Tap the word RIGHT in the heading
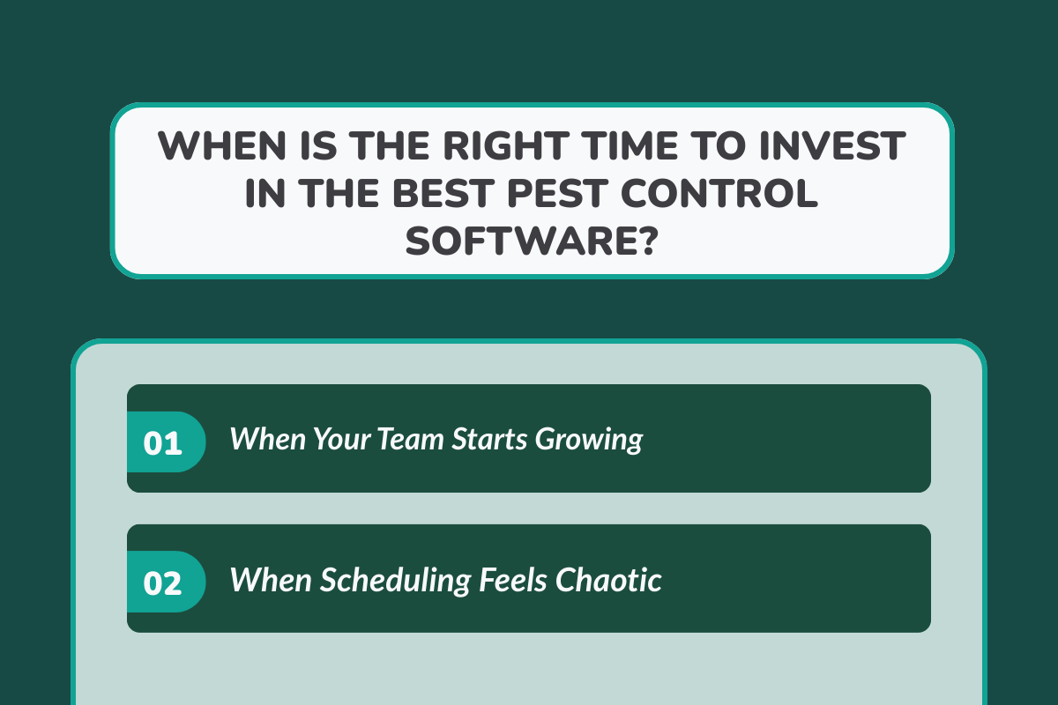tap(486, 145)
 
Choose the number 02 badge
tap(163, 583)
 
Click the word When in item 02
tap(270, 579)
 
